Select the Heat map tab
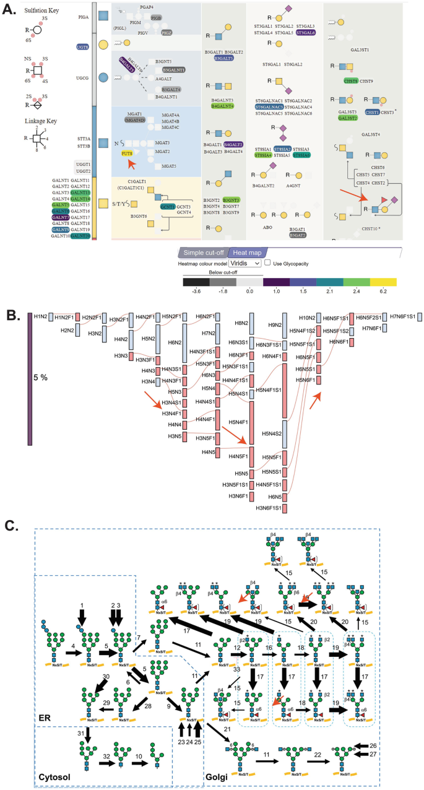coord(247,253)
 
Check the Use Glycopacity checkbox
coord(267,263)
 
